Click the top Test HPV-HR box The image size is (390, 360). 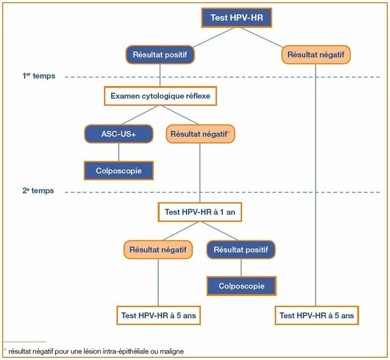tap(237, 18)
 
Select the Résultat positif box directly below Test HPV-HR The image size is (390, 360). tap(160, 55)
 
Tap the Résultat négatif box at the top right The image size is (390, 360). tap(315, 55)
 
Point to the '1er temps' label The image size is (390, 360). tap(38, 76)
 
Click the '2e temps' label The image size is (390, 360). tap(38, 190)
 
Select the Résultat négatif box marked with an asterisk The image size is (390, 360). tap(200, 133)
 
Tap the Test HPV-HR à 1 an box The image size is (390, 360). tap(200, 212)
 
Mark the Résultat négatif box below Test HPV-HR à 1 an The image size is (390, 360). tap(158, 249)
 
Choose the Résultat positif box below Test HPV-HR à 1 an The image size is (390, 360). tap(240, 249)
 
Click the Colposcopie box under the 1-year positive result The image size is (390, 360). tap(241, 286)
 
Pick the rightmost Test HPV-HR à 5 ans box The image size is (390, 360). tap(317, 316)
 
